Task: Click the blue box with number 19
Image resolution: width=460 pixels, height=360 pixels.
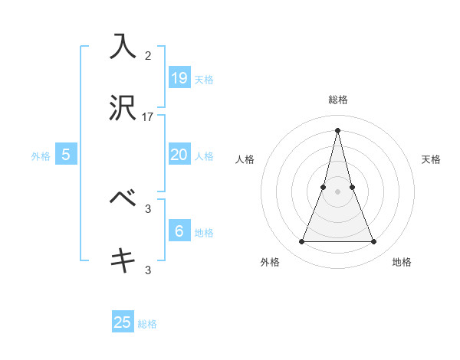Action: pyautogui.click(x=179, y=77)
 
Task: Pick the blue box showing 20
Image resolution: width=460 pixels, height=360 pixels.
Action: pyautogui.click(x=179, y=154)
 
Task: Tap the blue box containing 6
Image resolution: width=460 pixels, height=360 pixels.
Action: pyautogui.click(x=179, y=231)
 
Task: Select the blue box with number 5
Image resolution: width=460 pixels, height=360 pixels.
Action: pyautogui.click(x=66, y=154)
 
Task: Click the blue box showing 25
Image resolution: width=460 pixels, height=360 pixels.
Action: pyautogui.click(x=123, y=322)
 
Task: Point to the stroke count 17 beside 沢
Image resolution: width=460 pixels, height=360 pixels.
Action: pyautogui.click(x=148, y=117)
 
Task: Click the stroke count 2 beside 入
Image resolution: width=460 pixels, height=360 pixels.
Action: pyautogui.click(x=148, y=55)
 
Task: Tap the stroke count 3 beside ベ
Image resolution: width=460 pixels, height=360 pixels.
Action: pyautogui.click(x=148, y=208)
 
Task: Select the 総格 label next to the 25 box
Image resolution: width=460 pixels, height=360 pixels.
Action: pyautogui.click(x=147, y=324)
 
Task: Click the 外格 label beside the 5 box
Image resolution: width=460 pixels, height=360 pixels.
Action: pyautogui.click(x=41, y=155)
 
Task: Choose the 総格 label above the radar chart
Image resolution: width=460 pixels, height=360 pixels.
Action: pyautogui.click(x=337, y=100)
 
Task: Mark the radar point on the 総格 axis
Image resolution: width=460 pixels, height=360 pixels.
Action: pyautogui.click(x=337, y=129)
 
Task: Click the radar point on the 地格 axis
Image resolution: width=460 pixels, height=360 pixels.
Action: pyautogui.click(x=373, y=242)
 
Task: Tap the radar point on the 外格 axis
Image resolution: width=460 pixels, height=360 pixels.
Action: pyautogui.click(x=301, y=242)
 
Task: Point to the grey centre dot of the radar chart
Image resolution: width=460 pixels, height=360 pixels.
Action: pyautogui.click(x=337, y=191)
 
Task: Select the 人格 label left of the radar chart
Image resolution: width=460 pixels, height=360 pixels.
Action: pyautogui.click(x=245, y=159)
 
